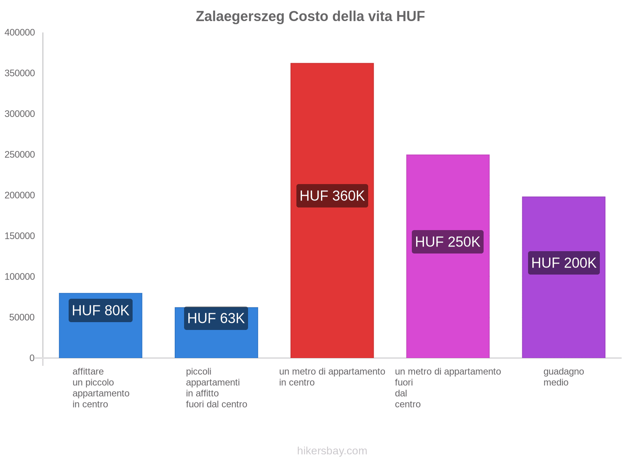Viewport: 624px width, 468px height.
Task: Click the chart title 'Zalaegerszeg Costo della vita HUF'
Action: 310,16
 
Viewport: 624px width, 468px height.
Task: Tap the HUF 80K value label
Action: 101,310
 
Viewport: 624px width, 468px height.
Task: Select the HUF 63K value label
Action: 216,318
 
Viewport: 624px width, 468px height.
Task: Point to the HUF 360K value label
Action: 332,196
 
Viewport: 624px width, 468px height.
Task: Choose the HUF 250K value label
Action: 448,242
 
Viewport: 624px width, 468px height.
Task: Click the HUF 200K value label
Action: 564,263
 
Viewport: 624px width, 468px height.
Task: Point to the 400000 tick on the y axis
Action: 20,33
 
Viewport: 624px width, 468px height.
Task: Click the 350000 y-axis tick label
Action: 20,73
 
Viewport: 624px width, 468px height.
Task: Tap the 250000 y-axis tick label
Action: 20,155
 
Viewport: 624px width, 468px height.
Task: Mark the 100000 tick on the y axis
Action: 20,277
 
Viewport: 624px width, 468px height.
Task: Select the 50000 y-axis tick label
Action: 22,317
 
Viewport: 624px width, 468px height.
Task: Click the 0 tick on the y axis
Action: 32,358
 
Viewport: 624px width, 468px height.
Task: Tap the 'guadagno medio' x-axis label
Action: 564,377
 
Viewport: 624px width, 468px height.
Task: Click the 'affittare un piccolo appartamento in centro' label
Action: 101,388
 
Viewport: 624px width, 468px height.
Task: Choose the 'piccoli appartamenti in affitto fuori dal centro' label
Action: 216,388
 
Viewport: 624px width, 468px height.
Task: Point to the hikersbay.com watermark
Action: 332,451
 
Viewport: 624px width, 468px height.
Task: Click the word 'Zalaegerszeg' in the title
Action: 240,16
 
